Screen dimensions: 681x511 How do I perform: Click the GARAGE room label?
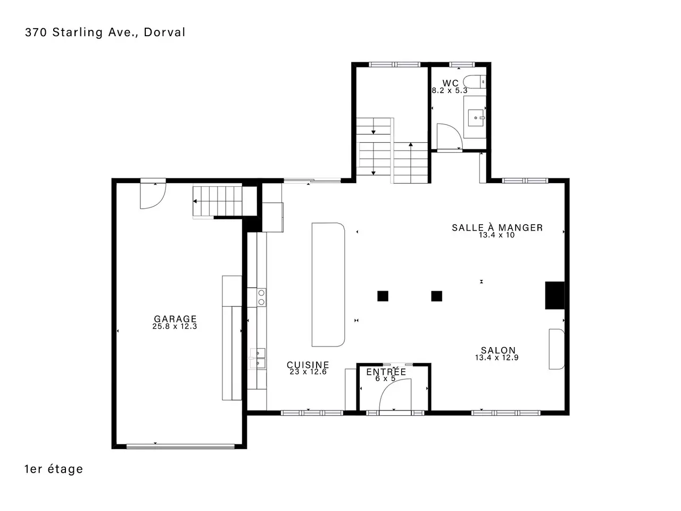175,319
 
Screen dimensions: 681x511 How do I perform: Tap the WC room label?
450,83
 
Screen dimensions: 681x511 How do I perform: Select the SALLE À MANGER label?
497,227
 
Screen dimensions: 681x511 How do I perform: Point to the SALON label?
498,350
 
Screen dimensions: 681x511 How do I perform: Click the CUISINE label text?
308,365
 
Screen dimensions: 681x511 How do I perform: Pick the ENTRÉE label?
386,372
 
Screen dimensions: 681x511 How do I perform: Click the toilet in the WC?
475,82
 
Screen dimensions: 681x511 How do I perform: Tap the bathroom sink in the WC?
475,118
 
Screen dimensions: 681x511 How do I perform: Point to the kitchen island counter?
328,284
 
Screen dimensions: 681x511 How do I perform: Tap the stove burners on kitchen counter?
261,297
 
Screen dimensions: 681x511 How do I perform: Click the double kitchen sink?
258,358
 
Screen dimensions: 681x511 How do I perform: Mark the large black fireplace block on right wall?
555,295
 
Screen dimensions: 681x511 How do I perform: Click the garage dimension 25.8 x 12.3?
175,326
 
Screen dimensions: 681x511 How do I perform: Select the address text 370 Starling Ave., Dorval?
105,32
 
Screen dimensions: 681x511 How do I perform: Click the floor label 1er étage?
54,469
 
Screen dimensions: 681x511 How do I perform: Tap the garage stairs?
218,201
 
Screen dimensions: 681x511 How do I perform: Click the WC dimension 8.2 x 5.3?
450,90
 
